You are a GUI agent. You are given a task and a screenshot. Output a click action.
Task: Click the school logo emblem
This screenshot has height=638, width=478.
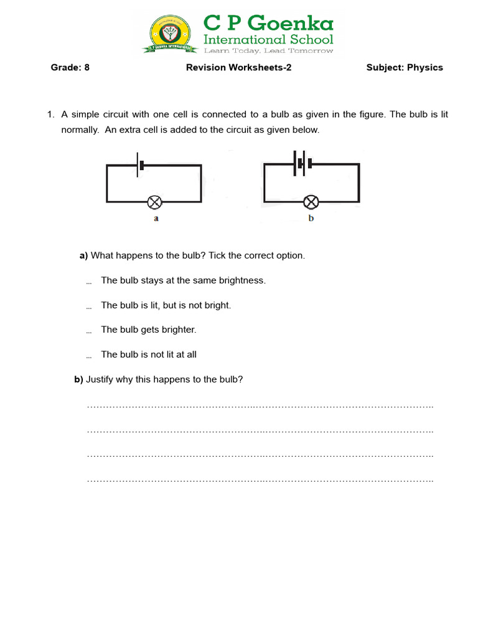pyautogui.click(x=169, y=34)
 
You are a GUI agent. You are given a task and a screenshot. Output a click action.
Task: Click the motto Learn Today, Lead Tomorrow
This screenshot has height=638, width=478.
pyautogui.click(x=269, y=51)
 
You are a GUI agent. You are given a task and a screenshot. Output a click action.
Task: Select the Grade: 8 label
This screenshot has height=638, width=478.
pyautogui.click(x=70, y=67)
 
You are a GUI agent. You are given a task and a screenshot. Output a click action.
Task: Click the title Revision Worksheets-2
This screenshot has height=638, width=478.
pyautogui.click(x=238, y=67)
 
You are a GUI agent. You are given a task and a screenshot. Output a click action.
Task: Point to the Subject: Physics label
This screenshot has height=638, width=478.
pyautogui.click(x=405, y=67)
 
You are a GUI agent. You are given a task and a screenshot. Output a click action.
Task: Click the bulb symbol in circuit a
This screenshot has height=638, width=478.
pyautogui.click(x=154, y=202)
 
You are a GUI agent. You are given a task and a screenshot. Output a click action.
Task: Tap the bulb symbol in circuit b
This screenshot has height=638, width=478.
pyautogui.click(x=311, y=202)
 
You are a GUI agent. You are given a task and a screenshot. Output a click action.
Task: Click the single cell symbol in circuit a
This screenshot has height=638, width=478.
pyautogui.click(x=140, y=164)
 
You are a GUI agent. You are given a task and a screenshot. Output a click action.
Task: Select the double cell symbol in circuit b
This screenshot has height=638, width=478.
pyautogui.click(x=301, y=163)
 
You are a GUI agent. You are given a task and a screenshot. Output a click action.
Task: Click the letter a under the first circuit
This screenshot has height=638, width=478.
pyautogui.click(x=156, y=219)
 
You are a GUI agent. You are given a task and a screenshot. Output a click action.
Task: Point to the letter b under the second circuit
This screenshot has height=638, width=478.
pyautogui.click(x=311, y=219)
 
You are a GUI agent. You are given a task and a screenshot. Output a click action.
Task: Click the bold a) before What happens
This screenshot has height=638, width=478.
pyautogui.click(x=84, y=256)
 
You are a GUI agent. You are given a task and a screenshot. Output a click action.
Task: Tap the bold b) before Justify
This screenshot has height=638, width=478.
pyautogui.click(x=78, y=379)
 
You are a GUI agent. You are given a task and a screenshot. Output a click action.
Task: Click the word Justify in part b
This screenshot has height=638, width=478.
pyautogui.click(x=100, y=379)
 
